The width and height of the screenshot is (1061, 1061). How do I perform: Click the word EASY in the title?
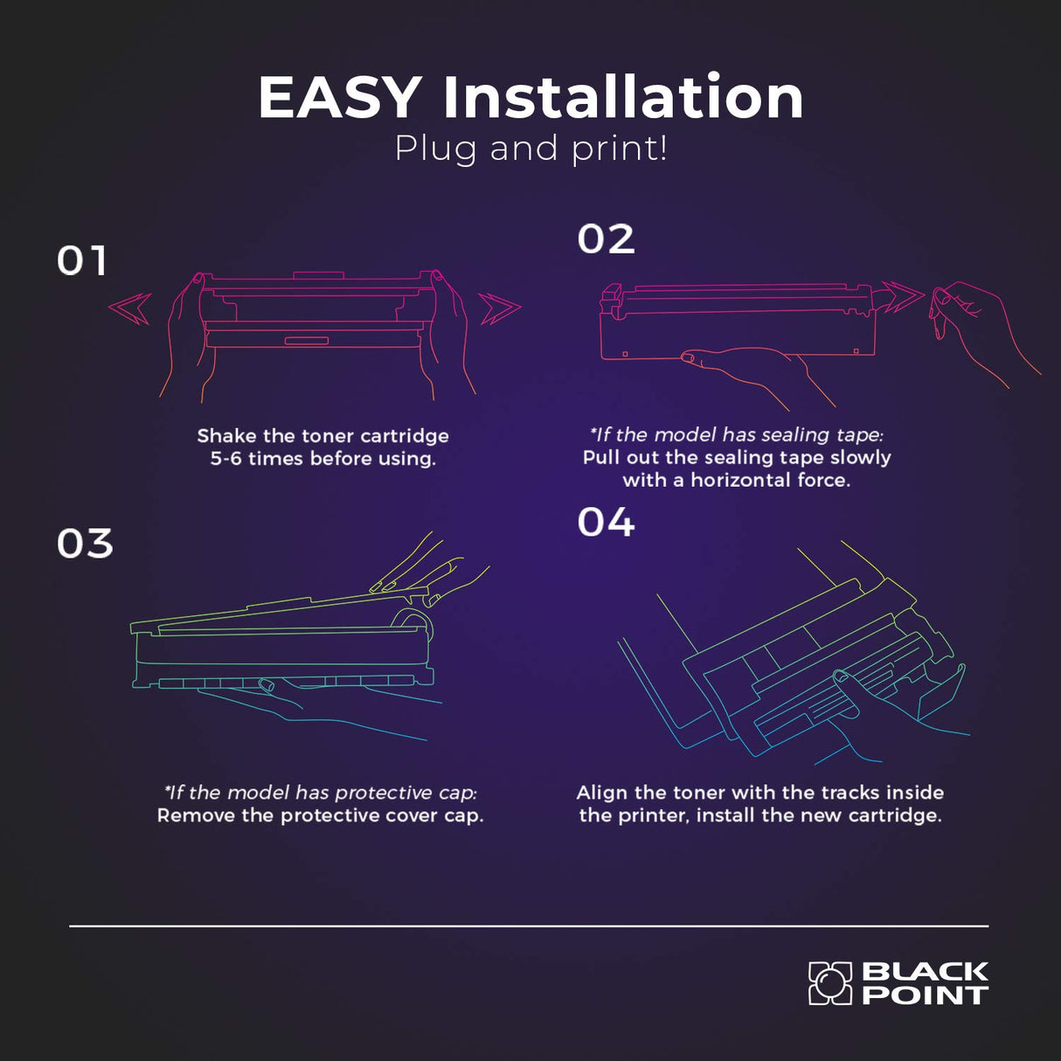coord(340,98)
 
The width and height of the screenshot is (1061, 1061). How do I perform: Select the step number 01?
coord(81,260)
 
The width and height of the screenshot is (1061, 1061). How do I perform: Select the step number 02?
coord(607,239)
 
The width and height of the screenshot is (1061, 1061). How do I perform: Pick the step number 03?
coord(85,544)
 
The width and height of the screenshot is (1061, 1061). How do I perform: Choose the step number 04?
coord(607,522)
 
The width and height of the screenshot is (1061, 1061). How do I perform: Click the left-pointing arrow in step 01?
coord(130,309)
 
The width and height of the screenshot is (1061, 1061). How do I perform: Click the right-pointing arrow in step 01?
coord(500,309)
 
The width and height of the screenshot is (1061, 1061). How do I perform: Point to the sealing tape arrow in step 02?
coord(903,295)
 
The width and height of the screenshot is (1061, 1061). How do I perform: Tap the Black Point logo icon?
coord(829,983)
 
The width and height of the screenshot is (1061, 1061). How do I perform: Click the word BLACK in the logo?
coord(925,972)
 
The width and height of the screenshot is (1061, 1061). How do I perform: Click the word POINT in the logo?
coord(925,995)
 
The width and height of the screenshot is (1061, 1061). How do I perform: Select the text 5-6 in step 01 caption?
coord(225,458)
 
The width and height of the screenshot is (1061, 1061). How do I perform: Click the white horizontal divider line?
coord(529,926)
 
